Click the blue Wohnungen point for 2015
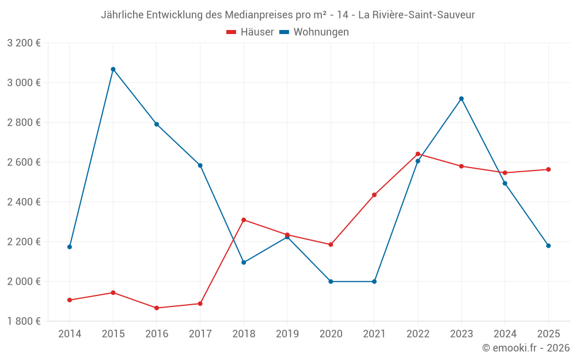pos(113,69)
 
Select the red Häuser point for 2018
pos(244,220)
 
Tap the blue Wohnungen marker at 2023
pos(461,98)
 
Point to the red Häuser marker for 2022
pos(418,154)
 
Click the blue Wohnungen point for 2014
pos(70,247)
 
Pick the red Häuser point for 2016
pos(157,308)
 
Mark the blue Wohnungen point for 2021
pos(374,282)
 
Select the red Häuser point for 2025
pos(548,169)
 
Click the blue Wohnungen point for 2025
pos(548,246)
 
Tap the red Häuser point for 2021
pos(374,195)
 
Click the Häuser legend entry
pos(250,32)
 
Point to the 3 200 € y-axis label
pos(24,43)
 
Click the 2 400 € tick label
pos(24,202)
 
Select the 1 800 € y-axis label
pos(24,321)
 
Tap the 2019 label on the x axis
pos(287,334)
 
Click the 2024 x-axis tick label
pos(505,334)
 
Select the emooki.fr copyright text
pos(526,348)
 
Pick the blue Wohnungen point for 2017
pos(200,165)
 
